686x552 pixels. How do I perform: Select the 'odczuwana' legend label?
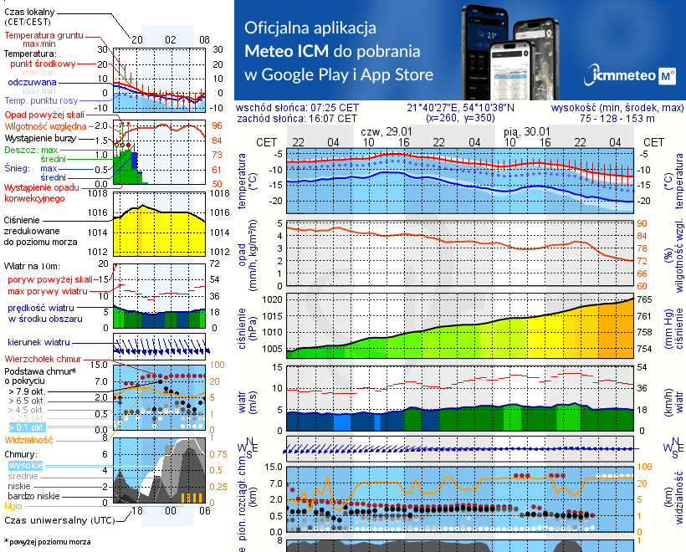(x=32, y=83)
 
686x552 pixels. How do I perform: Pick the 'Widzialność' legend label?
(x=29, y=439)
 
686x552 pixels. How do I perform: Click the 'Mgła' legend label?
(x=13, y=506)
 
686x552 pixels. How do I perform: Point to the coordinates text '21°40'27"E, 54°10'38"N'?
(x=461, y=108)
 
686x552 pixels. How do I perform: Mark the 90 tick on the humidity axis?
(x=643, y=223)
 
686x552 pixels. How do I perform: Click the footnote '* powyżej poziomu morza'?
(x=47, y=542)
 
